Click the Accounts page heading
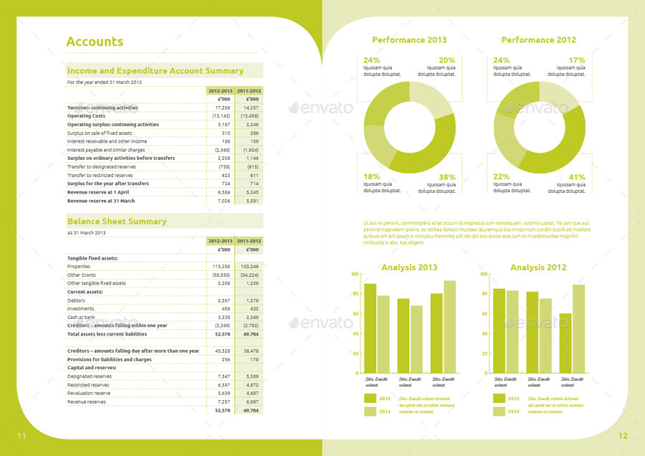[x=95, y=42]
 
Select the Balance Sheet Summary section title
[x=117, y=222]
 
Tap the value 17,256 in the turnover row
[x=222, y=108]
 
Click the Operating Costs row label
[x=86, y=116]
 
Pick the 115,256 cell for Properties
[x=221, y=266]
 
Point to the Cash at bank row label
[x=81, y=317]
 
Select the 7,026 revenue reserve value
[x=224, y=201]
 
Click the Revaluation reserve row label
[x=89, y=394]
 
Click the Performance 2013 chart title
[x=409, y=40]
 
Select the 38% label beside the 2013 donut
[x=446, y=177]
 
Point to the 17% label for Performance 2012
[x=577, y=60]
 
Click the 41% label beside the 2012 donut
[x=577, y=177]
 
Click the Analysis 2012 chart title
[x=538, y=267]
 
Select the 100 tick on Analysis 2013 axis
[x=353, y=274]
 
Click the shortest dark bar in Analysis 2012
[x=565, y=343]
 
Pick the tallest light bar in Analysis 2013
[x=449, y=326]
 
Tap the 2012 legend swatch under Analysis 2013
[x=370, y=399]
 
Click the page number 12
[x=623, y=436]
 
